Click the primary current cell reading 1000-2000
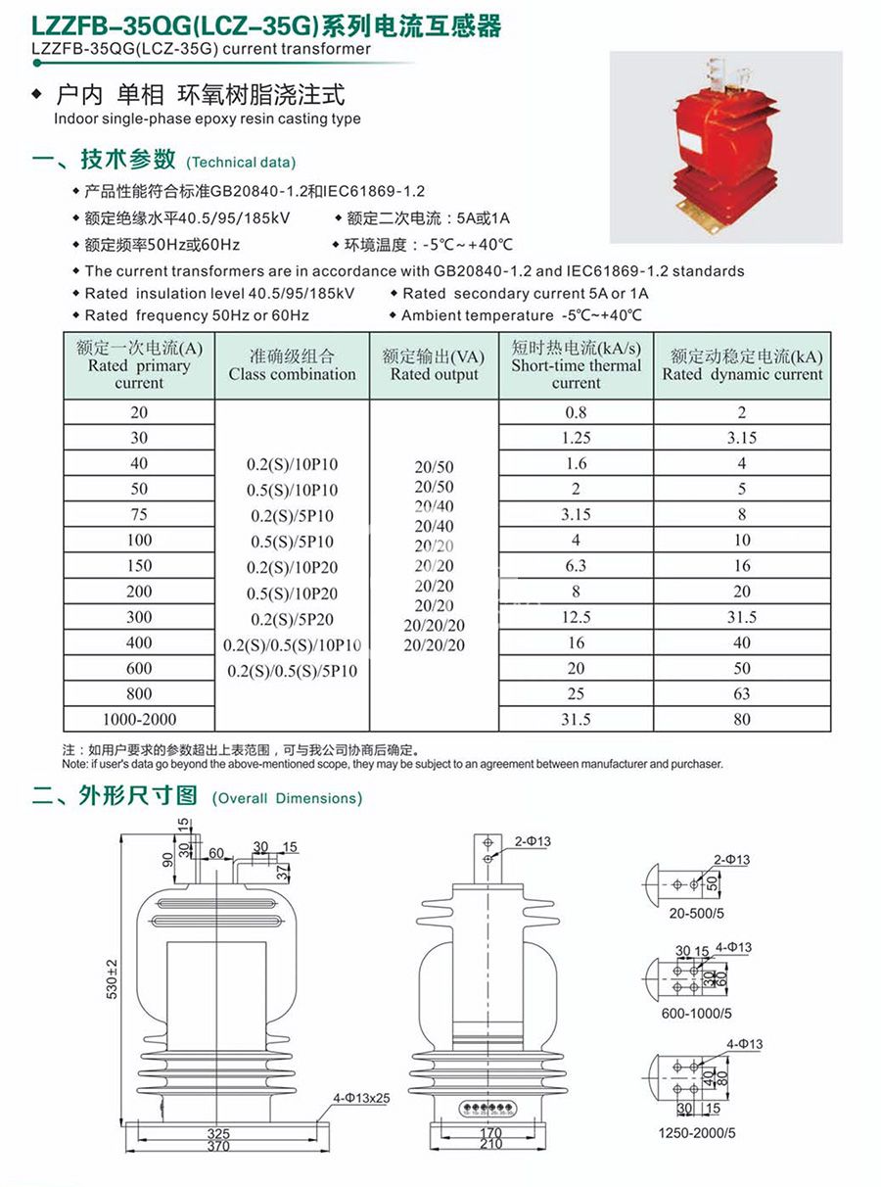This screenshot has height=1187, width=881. pos(139,720)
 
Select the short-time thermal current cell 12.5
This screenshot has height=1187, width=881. pos(576,617)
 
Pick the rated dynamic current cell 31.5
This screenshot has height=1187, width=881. pos(742,617)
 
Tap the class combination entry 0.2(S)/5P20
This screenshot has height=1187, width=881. pos(292,619)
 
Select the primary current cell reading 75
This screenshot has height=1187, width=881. pos(139,515)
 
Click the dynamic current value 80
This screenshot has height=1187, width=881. pos(742,720)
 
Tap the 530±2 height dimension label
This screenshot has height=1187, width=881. pos(113,978)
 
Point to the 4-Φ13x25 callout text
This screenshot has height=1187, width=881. pos(361,1098)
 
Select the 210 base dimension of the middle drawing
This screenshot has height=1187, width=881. pos(490,1145)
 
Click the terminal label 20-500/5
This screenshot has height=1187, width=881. pos(697,913)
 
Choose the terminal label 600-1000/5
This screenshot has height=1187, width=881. pos(697,1014)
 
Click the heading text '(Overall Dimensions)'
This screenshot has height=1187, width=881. pos(287,798)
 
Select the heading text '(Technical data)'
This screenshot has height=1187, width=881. pos(240,163)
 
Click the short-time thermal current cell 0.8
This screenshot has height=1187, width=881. pos(576,412)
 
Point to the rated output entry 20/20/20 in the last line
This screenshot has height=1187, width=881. pos(434,646)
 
